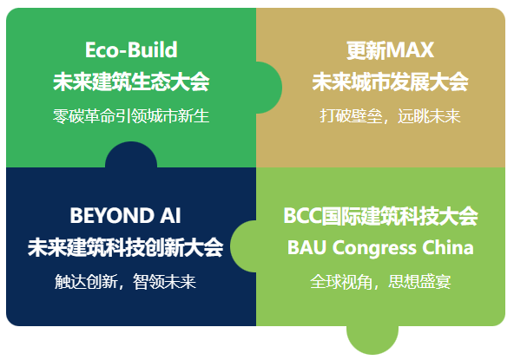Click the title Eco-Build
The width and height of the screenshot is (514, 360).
pyautogui.click(x=131, y=49)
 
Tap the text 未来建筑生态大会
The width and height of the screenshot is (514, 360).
pyautogui.click(x=131, y=82)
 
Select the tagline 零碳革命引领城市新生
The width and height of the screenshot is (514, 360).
pyautogui.click(x=131, y=115)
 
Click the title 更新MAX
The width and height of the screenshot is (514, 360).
pyautogui.click(x=390, y=49)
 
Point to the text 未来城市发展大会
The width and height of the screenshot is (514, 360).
pyautogui.click(x=390, y=82)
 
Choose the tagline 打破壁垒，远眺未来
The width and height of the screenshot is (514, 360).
pyautogui.click(x=390, y=115)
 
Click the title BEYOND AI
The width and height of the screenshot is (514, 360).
pyautogui.click(x=125, y=214)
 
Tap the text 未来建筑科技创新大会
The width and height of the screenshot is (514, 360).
pyautogui.click(x=125, y=247)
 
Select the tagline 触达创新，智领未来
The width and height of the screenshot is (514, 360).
pyautogui.click(x=125, y=281)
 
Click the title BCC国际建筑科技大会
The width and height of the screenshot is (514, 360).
pyautogui.click(x=380, y=215)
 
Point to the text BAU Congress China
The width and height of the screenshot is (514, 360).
pyautogui.click(x=380, y=247)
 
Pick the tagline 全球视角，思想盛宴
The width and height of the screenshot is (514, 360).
pyautogui.click(x=380, y=281)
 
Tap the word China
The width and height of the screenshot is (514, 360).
pyautogui.click(x=448, y=247)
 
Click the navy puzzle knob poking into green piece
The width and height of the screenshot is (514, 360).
pyautogui.click(x=131, y=156)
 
